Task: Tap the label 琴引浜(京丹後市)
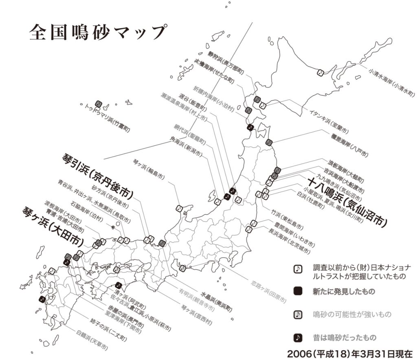(98, 172)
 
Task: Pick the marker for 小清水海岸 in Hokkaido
(320, 73)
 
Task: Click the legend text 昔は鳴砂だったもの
(344, 337)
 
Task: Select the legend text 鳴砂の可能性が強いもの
(352, 314)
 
